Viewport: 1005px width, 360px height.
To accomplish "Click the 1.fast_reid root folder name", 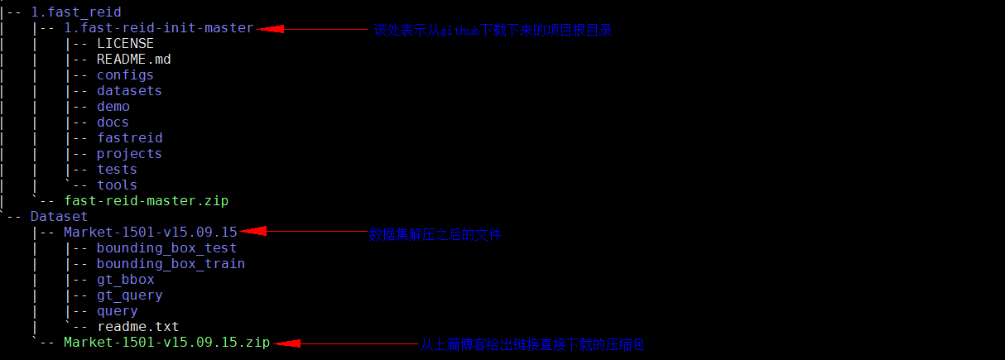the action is click(x=75, y=12).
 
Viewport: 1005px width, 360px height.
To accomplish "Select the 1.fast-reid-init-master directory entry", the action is click(x=158, y=28).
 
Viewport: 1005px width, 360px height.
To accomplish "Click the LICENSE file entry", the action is click(x=125, y=44).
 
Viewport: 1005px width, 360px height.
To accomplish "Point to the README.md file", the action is click(x=133, y=60).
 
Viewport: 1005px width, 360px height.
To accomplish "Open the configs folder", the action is click(x=125, y=75).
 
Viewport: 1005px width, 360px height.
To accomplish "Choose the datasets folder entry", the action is click(x=129, y=91).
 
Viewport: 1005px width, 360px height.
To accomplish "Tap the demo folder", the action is click(x=113, y=107).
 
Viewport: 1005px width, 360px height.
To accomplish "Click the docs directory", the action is click(x=113, y=122).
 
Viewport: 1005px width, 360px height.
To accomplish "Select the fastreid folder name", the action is click(x=129, y=138).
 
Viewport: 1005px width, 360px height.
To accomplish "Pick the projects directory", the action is click(x=129, y=154).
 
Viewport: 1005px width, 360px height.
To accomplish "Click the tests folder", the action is click(x=117, y=170).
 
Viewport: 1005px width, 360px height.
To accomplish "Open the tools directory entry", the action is click(x=117, y=185).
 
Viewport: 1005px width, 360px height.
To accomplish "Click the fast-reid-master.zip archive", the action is click(x=146, y=201).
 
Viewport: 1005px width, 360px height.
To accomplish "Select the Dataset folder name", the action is click(x=59, y=217).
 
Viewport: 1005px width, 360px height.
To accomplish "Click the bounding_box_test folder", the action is click(x=166, y=248).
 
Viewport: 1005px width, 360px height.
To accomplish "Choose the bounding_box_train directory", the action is click(x=171, y=264).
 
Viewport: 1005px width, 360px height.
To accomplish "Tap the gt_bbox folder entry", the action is click(x=125, y=280).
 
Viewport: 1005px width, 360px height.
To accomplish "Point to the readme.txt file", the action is click(x=137, y=327).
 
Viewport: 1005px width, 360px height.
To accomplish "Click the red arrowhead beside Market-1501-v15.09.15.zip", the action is click(x=285, y=343).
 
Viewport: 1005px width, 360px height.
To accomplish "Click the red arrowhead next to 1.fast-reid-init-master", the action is click(x=270, y=28).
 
